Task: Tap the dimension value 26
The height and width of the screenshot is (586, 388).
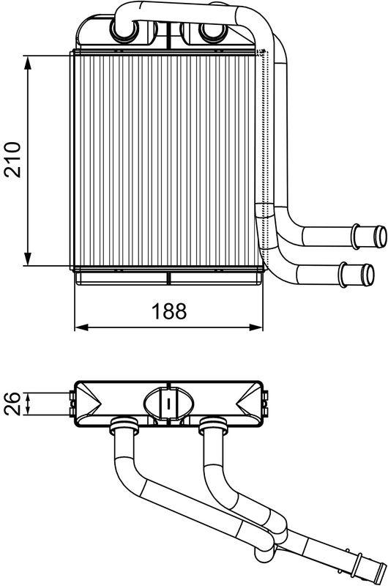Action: [x=12, y=404]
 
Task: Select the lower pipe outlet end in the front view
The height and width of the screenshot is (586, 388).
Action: [x=363, y=274]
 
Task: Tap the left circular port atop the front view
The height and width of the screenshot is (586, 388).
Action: [x=121, y=31]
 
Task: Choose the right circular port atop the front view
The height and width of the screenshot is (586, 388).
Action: [x=210, y=31]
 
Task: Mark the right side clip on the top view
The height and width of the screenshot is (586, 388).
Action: [x=265, y=402]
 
